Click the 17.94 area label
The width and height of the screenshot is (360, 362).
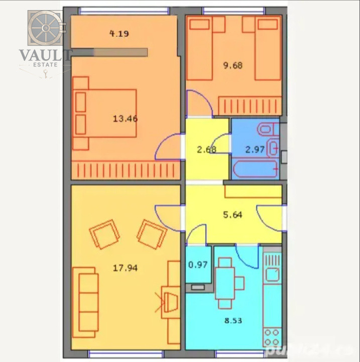[125, 268]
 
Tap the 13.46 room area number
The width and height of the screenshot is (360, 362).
[125, 119]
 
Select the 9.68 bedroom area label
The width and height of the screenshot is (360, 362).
[232, 64]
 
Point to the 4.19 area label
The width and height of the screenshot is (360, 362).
[119, 34]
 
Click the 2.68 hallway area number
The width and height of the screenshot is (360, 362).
[206, 149]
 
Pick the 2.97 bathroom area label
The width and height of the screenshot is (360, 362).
[254, 149]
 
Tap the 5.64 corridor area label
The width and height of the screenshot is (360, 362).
[232, 215]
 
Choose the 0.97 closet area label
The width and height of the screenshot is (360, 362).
[198, 263]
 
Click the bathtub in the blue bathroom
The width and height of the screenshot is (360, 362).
[256, 169]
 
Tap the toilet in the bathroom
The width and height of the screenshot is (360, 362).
[265, 130]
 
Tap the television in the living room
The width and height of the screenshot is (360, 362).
[170, 301]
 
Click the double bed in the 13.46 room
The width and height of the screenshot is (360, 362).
[105, 113]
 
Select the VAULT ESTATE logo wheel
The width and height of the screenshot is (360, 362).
[45, 29]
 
